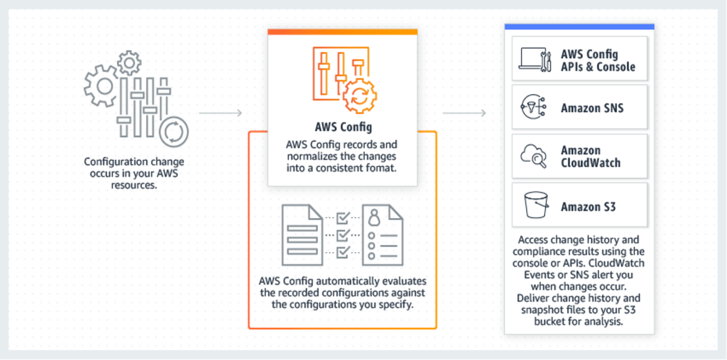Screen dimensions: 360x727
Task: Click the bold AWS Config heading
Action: click(x=342, y=127)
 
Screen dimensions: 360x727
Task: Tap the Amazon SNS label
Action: click(x=592, y=108)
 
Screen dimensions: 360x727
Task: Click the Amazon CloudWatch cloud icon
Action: click(x=535, y=157)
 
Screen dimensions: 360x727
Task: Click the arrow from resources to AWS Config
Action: click(x=220, y=112)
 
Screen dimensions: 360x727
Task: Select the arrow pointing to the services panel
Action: click(x=464, y=112)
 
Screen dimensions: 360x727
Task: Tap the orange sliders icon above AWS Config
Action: click(x=343, y=78)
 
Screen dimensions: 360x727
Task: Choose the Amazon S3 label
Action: click(x=589, y=206)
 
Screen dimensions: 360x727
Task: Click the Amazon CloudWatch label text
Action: click(x=591, y=156)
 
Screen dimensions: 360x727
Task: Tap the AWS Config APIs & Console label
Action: click(x=598, y=60)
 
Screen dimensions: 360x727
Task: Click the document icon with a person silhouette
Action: click(x=382, y=235)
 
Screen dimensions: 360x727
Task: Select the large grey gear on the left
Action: click(x=102, y=86)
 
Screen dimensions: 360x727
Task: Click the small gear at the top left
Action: click(x=129, y=63)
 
